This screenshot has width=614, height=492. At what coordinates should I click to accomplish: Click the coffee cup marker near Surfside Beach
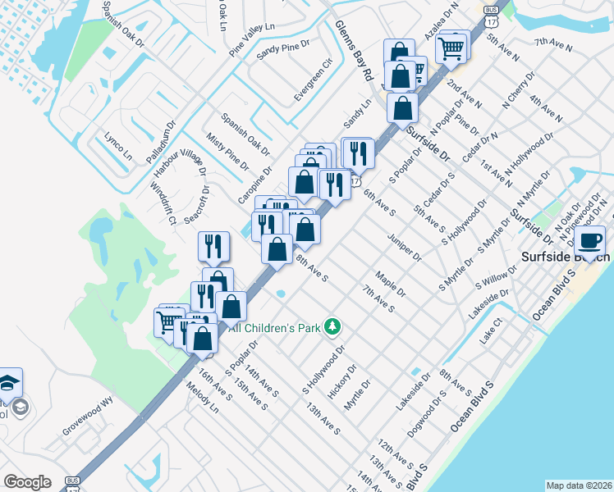[590, 240]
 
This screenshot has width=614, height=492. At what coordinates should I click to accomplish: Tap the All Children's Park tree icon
[332, 327]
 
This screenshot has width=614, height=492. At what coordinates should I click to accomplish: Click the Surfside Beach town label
[566, 257]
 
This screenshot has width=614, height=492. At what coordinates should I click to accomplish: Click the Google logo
[26, 482]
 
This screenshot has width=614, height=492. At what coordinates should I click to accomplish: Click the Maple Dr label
[390, 285]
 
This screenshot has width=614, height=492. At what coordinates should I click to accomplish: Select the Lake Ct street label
[491, 332]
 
